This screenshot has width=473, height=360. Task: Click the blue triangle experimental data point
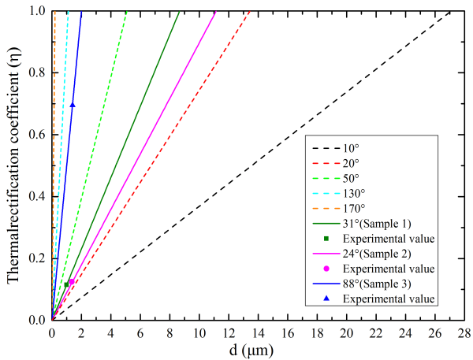coord(73,105)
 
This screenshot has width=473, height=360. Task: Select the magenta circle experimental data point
coord(72,281)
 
